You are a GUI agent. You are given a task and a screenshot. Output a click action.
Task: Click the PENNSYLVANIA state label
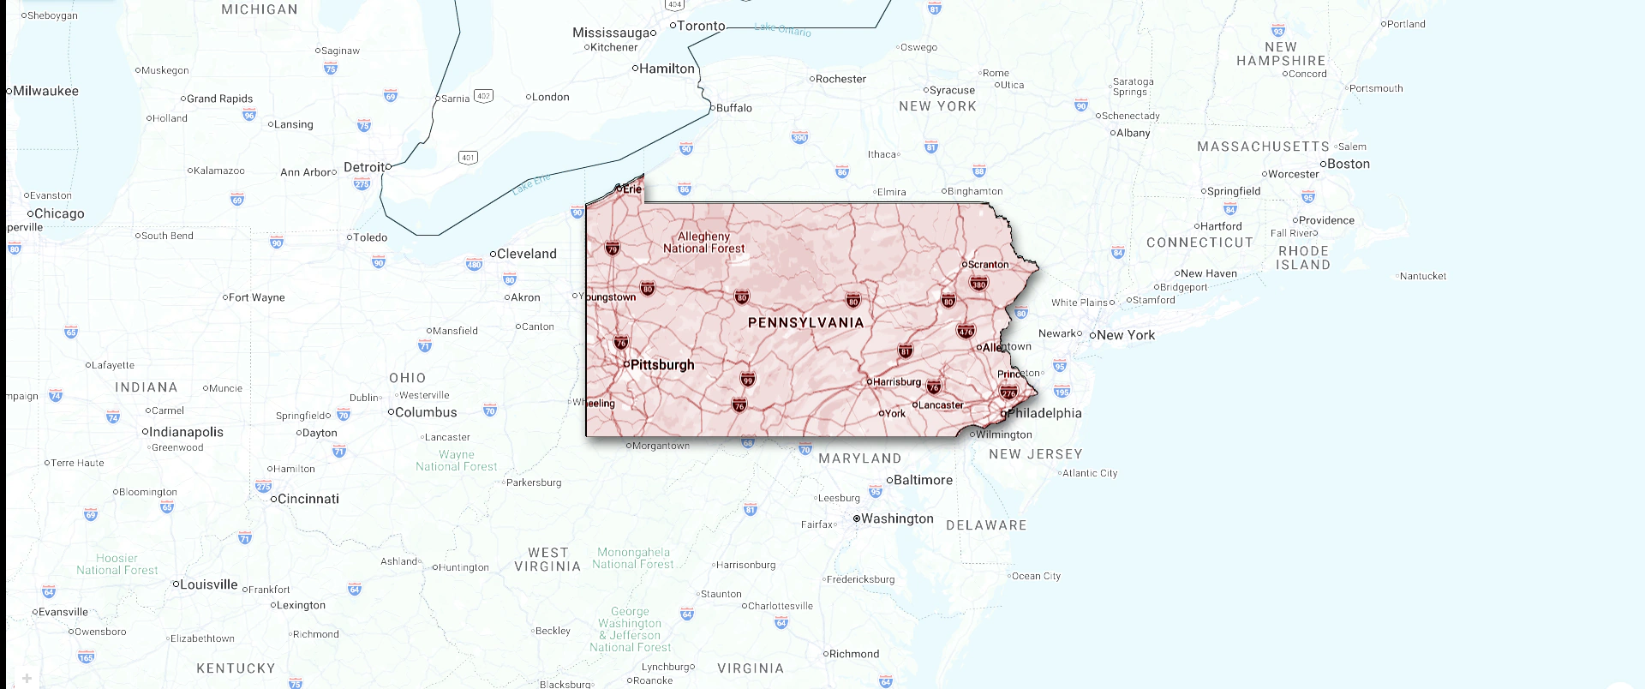pos(805,323)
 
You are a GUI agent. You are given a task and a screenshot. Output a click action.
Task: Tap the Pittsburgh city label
pos(661,365)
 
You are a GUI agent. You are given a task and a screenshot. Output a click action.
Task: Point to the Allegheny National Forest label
pos(703,243)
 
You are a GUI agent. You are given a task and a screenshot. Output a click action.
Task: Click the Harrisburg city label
pos(896,382)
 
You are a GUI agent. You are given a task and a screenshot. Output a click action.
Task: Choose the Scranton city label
pos(988,265)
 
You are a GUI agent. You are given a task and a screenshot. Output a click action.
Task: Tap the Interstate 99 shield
pos(748,380)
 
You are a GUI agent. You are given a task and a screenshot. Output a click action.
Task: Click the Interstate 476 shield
pos(966,331)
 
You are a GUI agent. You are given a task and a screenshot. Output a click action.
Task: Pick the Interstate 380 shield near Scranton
pos(978,284)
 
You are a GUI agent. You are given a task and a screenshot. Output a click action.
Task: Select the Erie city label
pos(631,189)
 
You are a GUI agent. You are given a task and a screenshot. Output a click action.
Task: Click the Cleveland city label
pos(526,254)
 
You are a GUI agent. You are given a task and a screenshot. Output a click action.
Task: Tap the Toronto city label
pos(701,26)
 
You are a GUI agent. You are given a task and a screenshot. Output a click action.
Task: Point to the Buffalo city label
pos(733,108)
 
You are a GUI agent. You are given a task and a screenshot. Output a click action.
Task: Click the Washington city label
pos(896,518)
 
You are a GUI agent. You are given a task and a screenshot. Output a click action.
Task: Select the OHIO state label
pos(407,378)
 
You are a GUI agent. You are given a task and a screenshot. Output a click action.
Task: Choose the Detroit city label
pos(364,167)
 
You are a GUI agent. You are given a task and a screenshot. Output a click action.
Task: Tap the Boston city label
pos(1348,164)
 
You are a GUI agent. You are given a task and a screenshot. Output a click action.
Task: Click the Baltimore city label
pos(923,480)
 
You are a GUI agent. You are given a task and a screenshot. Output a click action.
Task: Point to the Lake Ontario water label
pos(782,29)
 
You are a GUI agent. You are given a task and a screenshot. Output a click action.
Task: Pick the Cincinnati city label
pos(308,499)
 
